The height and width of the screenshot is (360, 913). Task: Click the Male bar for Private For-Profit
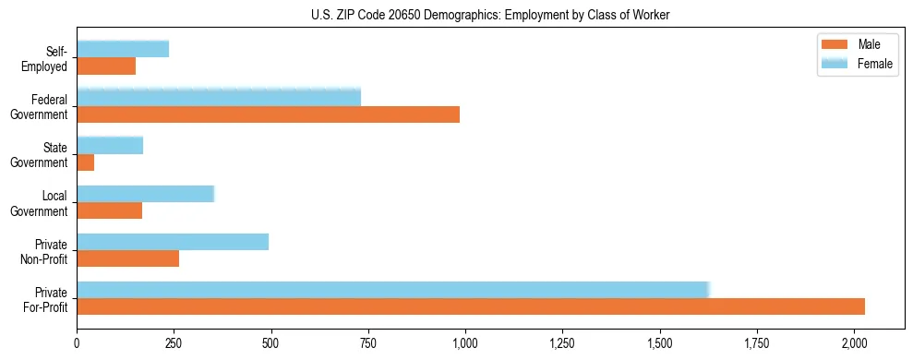pyautogui.click(x=471, y=306)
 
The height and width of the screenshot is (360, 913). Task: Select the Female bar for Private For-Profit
pyautogui.click(x=392, y=289)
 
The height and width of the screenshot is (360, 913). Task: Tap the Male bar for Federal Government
pyautogui.click(x=268, y=114)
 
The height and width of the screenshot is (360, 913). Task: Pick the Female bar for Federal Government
pyautogui.click(x=219, y=97)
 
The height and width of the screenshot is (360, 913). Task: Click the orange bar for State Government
pyautogui.click(x=86, y=162)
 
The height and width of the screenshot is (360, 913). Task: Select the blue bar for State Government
pyautogui.click(x=110, y=145)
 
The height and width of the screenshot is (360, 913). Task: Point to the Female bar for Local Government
pyautogui.click(x=145, y=193)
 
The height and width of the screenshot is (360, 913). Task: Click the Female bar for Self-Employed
pyautogui.click(x=123, y=49)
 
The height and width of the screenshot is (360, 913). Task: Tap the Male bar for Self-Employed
pyautogui.click(x=106, y=66)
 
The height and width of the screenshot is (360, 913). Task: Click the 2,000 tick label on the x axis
pyautogui.click(x=854, y=342)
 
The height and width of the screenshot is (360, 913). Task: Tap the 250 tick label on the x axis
pyautogui.click(x=174, y=342)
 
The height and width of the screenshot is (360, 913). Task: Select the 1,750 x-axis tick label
pyautogui.click(x=757, y=342)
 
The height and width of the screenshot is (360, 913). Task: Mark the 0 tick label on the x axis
pyautogui.click(x=77, y=342)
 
